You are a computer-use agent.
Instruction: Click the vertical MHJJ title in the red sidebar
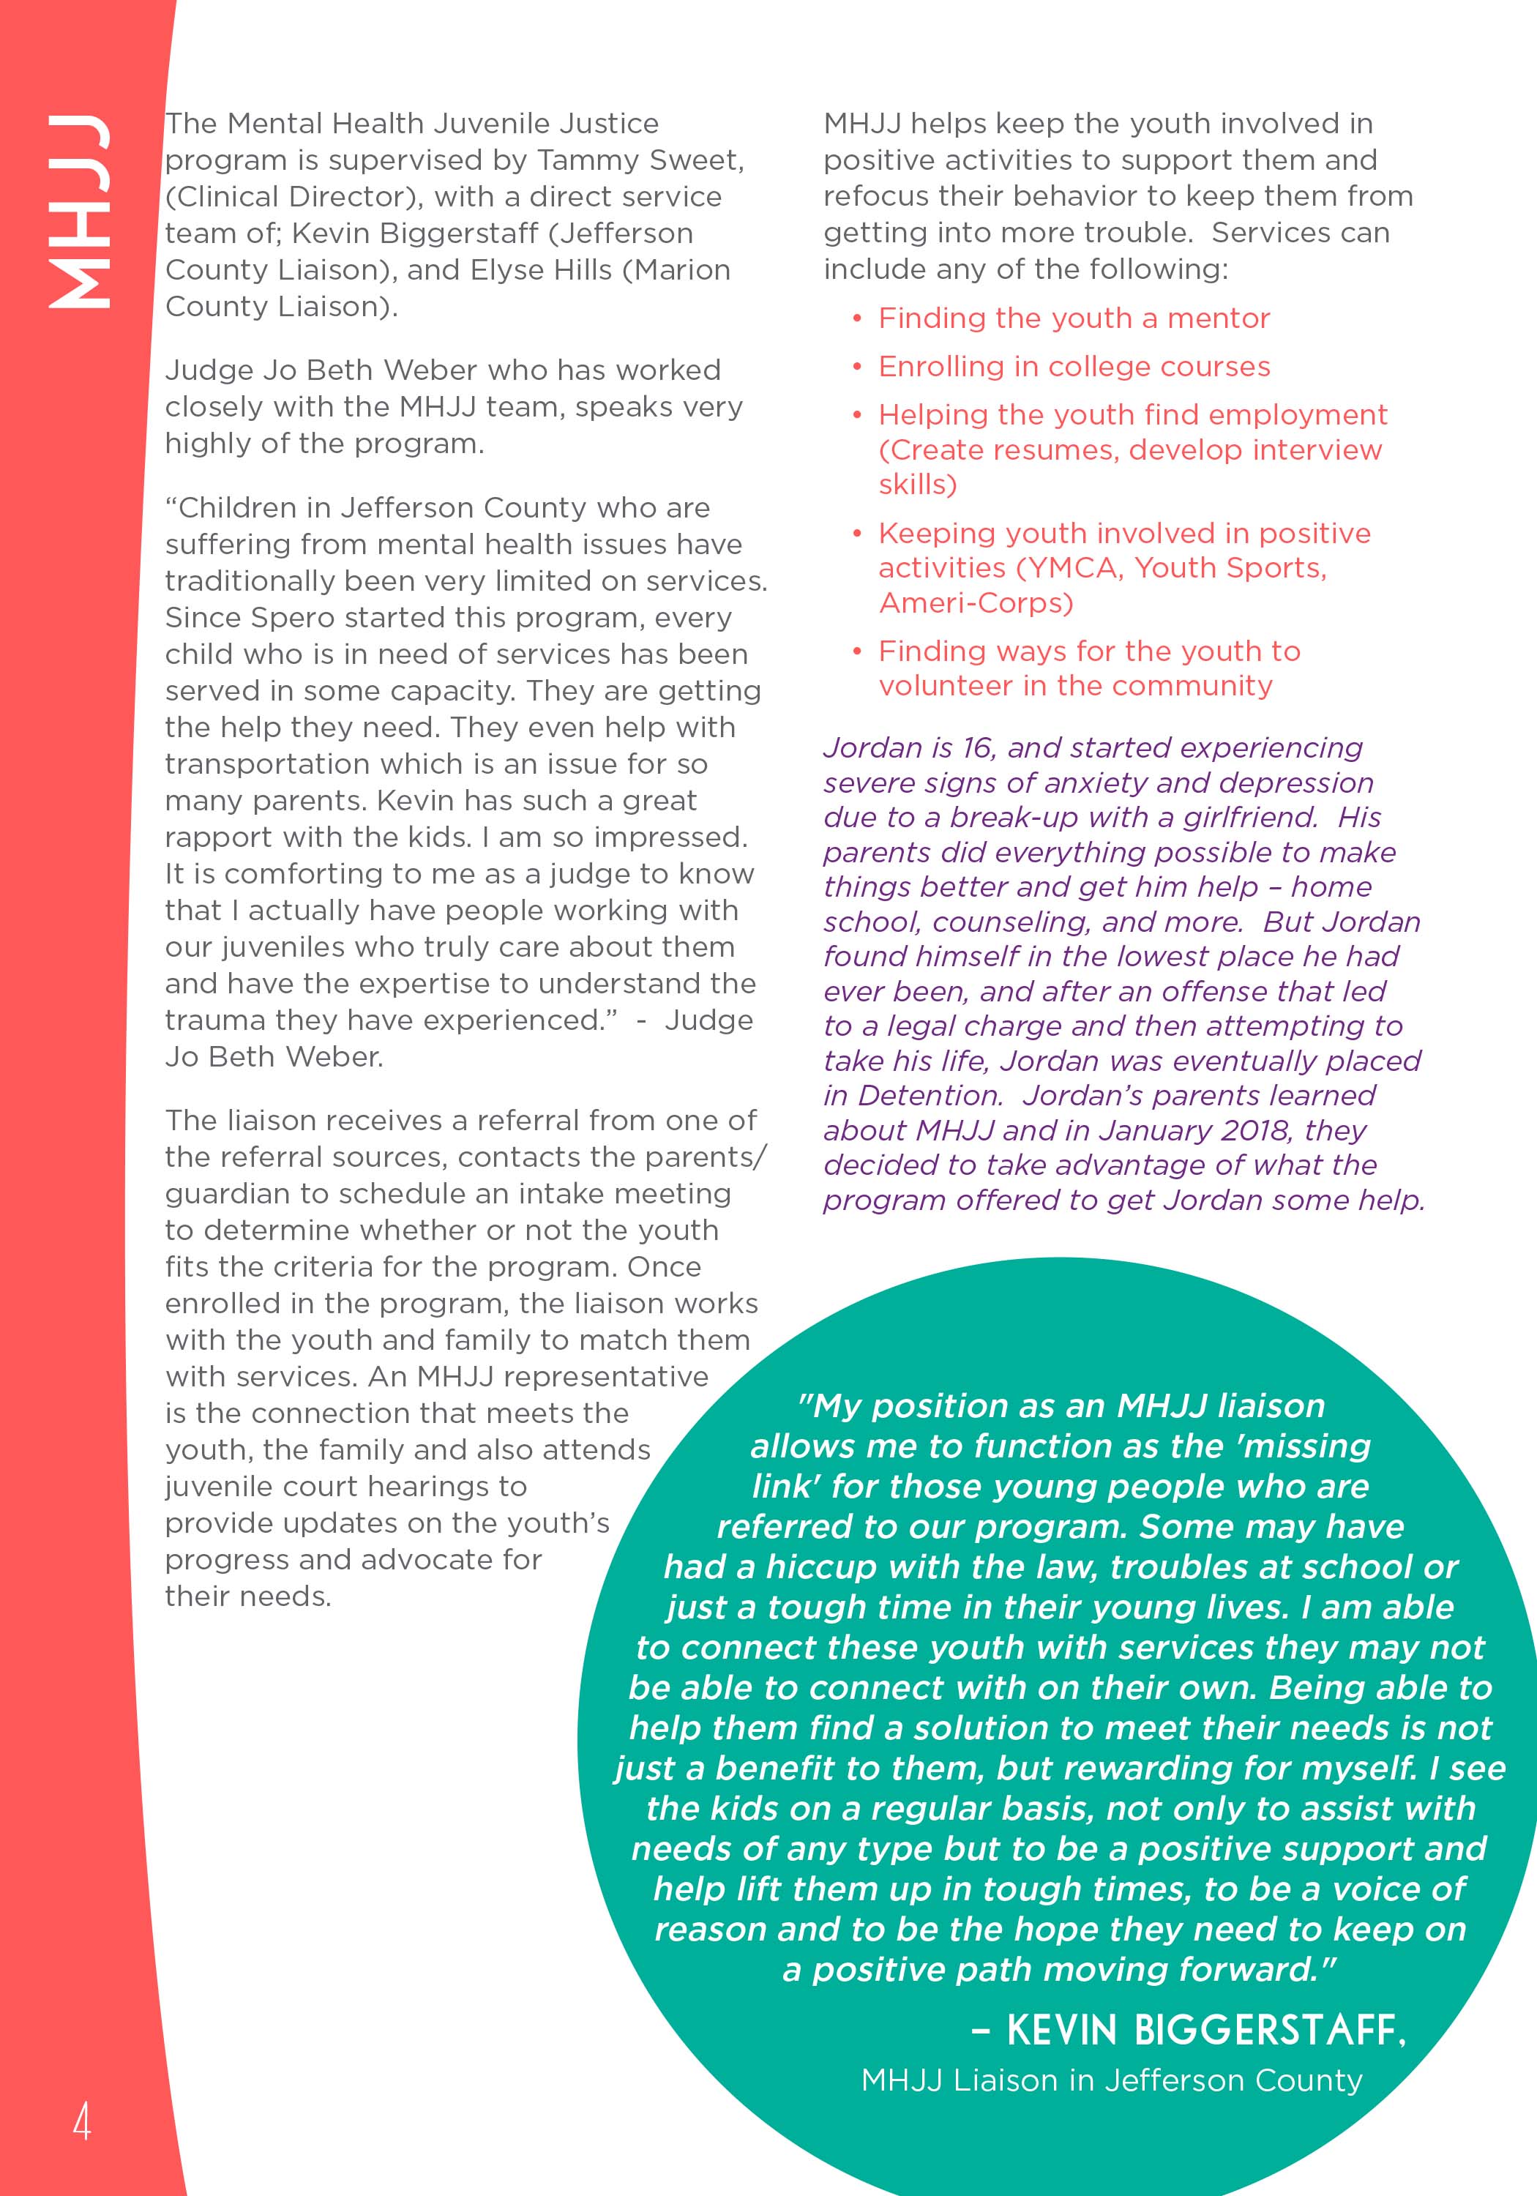(78, 212)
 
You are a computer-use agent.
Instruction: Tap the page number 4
(81, 2121)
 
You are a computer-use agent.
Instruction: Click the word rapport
(216, 837)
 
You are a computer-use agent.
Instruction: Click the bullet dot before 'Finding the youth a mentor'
(858, 318)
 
